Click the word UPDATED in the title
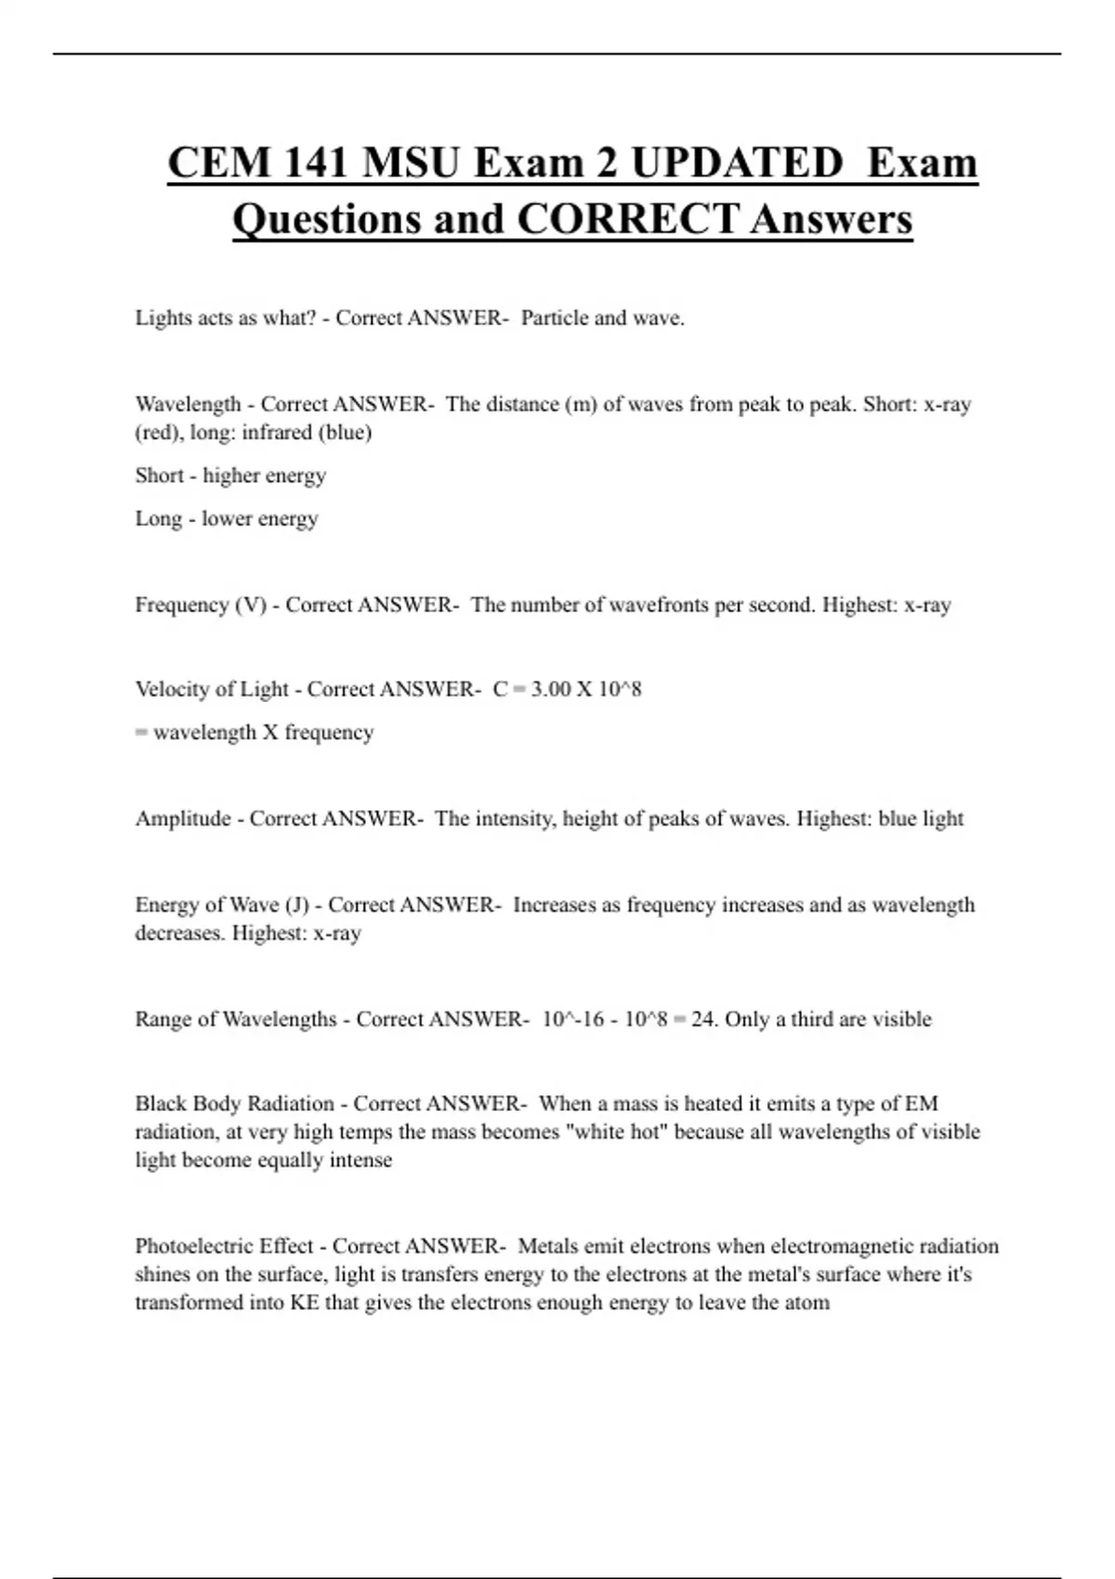point(736,163)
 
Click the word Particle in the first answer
point(555,318)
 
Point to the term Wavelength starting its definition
point(188,404)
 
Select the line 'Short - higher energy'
point(230,476)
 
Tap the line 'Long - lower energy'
point(227,518)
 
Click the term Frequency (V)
point(201,605)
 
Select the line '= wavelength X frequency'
point(255,732)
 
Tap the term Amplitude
point(183,818)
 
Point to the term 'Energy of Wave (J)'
point(222,905)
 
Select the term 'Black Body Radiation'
point(234,1103)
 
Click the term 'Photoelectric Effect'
point(224,1246)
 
